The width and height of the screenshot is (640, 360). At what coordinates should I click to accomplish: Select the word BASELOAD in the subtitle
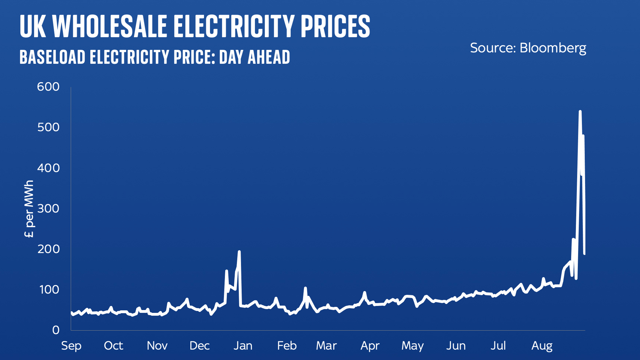pos(52,57)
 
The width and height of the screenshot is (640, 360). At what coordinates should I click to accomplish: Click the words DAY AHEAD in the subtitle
pos(255,57)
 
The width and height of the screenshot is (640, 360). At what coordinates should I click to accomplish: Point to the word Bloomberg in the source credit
pos(553,48)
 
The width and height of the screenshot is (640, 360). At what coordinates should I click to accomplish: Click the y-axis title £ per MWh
pos(29,209)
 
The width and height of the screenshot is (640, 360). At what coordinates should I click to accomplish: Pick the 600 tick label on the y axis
pos(48,87)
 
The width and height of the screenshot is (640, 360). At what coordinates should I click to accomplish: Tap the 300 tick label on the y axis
pos(48,208)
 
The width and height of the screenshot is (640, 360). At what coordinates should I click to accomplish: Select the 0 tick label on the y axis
pos(56,330)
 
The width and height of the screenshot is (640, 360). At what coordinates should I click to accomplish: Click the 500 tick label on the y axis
pos(48,127)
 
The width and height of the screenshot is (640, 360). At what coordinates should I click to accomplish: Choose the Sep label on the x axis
pos(71,346)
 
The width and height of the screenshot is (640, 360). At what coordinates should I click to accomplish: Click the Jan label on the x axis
pos(243,346)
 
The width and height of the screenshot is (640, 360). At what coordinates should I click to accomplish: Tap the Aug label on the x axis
pos(542,346)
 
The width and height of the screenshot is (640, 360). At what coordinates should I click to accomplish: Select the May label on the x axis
pos(412,346)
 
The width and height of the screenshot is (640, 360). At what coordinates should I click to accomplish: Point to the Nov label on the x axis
pos(157,346)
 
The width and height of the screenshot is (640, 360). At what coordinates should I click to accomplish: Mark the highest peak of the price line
pos(580,112)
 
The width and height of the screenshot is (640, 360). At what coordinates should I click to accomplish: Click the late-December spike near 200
pos(239,252)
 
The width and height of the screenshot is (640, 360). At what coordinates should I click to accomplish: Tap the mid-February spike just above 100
pos(305,288)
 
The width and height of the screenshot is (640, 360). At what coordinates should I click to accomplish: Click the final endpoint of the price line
pos(584,254)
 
